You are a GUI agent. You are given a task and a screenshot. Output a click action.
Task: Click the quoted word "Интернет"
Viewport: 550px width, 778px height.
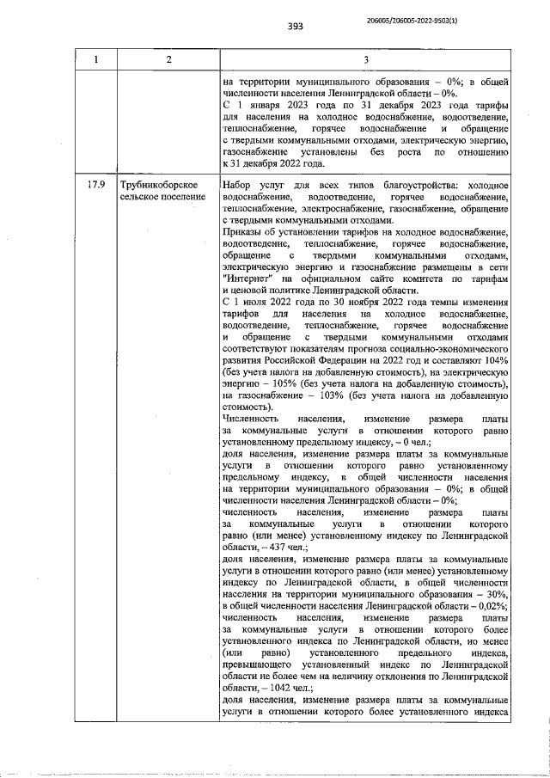[x=249, y=280]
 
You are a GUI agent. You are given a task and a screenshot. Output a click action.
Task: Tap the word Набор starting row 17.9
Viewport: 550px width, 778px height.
[x=238, y=185]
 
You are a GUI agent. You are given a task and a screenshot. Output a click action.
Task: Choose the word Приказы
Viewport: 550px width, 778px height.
[x=245, y=232]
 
